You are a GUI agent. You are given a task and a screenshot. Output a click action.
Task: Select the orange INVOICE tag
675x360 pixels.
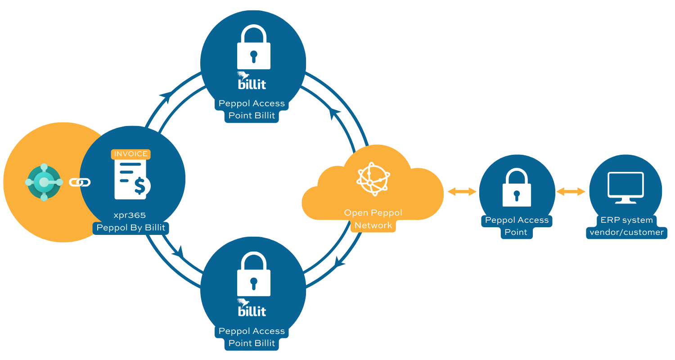point(130,154)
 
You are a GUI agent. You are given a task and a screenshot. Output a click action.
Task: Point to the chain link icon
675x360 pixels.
point(80,182)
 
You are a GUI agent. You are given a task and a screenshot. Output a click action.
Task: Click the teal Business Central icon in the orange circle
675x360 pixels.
point(44,182)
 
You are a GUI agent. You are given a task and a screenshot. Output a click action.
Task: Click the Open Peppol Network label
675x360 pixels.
point(373,219)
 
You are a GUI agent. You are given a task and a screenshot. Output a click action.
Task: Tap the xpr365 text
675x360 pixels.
point(130,216)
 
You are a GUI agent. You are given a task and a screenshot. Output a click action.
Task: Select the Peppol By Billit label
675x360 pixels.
point(131,228)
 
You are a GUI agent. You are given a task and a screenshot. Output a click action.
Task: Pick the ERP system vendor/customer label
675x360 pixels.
point(626,226)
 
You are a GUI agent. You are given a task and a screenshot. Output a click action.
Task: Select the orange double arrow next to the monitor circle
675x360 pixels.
point(571,192)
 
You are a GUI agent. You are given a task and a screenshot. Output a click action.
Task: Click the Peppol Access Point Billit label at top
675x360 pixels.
point(252,109)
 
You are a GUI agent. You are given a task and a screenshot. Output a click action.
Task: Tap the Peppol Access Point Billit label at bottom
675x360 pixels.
point(252,337)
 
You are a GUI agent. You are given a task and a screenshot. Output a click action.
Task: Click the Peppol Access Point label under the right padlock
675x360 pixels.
point(516,226)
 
